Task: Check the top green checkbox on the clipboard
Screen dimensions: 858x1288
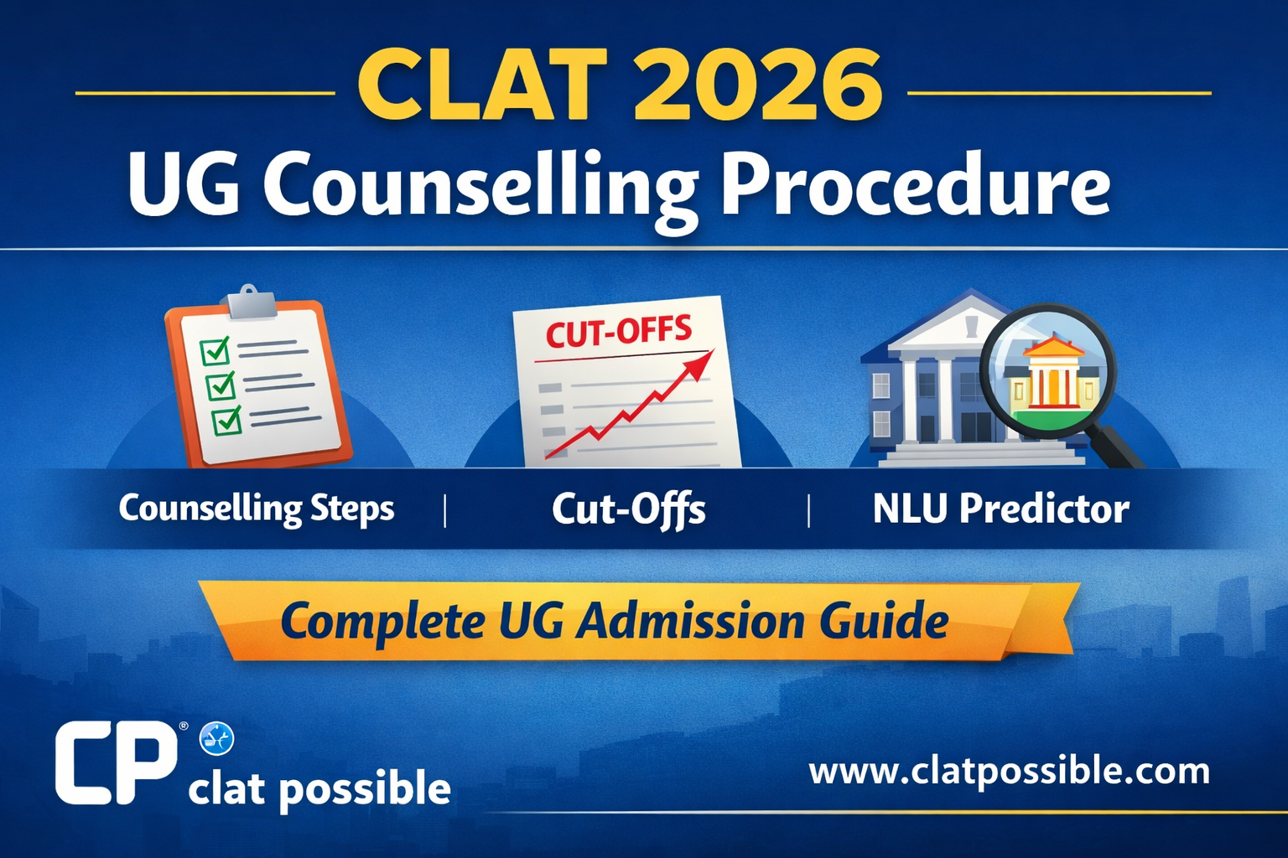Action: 215,350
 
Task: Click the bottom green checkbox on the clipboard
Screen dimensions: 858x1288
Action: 226,420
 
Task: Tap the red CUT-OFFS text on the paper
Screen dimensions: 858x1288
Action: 619,332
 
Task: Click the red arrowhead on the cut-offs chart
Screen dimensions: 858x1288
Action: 700,364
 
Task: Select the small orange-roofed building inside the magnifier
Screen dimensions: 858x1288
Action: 1050,374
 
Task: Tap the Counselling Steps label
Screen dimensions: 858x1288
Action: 257,509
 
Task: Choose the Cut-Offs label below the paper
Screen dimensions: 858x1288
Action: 628,509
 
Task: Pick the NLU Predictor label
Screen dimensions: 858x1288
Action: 1000,509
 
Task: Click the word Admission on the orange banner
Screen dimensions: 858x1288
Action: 690,622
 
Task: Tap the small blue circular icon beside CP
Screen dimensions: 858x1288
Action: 216,739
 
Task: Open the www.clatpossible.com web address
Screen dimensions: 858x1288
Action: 1009,771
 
